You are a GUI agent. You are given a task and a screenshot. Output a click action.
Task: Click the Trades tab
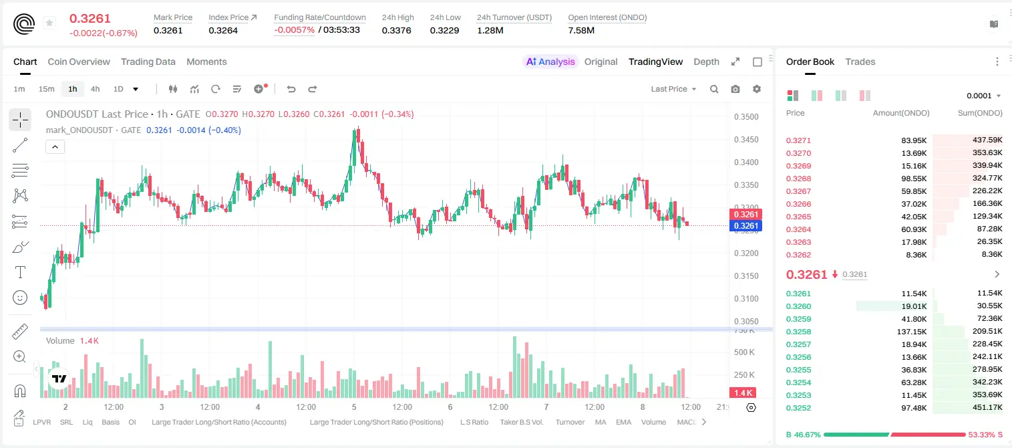coord(860,62)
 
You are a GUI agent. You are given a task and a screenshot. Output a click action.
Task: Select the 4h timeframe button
coord(95,89)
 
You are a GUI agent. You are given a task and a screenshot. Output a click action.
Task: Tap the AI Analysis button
coord(550,62)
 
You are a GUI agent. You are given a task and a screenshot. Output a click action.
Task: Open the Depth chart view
coord(706,62)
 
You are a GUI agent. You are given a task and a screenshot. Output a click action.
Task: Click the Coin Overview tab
coord(79,62)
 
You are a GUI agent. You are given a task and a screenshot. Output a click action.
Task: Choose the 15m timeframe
coord(46,89)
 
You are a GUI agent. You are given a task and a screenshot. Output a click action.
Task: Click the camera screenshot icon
coord(735,89)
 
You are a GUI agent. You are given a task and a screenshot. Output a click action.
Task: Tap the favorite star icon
coord(49,23)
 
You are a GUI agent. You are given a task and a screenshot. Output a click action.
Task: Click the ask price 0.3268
coord(798,179)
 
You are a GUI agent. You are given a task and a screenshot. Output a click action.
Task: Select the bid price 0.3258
coord(798,332)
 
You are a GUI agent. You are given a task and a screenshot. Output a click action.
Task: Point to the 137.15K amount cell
coord(911,332)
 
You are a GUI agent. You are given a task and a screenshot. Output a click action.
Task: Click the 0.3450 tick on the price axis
coord(746,140)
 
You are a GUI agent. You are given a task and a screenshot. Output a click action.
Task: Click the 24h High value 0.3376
coord(396,30)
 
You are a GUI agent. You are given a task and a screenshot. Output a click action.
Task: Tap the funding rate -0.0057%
coord(294,30)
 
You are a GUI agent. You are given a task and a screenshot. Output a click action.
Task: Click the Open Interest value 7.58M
coord(581,30)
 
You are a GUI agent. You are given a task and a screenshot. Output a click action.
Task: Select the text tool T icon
coord(20,272)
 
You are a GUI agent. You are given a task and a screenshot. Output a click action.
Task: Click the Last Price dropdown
coord(673,89)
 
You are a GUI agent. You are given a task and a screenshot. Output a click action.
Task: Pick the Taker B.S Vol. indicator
coord(521,422)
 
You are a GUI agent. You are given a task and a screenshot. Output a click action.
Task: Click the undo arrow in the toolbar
coord(291,89)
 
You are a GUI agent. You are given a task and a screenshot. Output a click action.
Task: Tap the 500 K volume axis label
coord(745,352)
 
